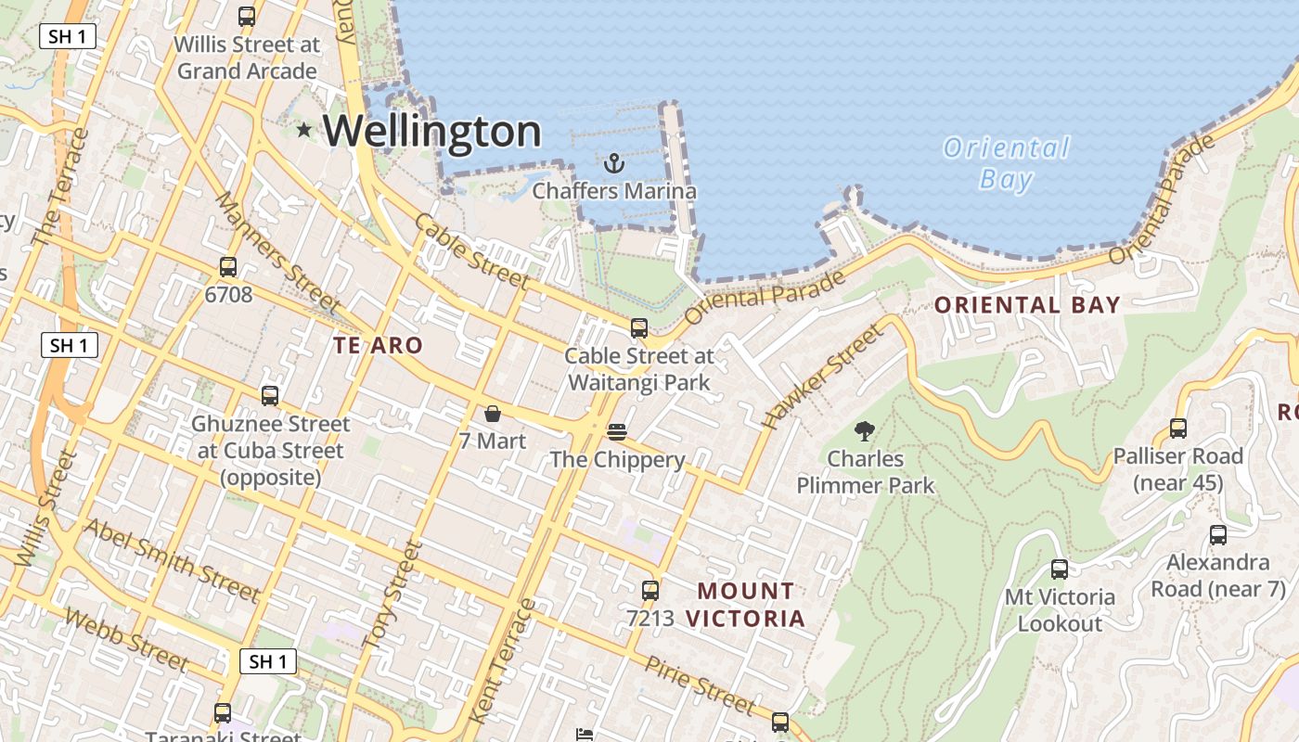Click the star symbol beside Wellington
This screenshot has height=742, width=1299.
click(x=303, y=130)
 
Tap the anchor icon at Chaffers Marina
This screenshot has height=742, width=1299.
click(x=613, y=164)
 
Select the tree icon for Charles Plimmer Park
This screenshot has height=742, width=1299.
click(x=865, y=431)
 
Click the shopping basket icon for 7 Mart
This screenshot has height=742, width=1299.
click(x=493, y=414)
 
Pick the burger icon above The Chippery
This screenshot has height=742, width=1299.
click(x=617, y=432)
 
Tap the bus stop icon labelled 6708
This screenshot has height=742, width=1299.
click(x=228, y=267)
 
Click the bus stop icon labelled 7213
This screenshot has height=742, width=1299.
click(x=650, y=590)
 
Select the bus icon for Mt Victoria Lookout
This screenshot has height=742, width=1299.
click(x=1059, y=569)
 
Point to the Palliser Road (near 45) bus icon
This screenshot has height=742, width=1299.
click(x=1178, y=429)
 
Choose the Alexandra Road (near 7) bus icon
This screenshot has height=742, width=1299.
click(x=1218, y=535)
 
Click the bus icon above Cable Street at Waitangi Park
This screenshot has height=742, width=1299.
click(x=639, y=327)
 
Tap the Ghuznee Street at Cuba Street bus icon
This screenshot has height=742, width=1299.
click(x=270, y=396)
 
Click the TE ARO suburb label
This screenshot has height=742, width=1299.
click(x=378, y=346)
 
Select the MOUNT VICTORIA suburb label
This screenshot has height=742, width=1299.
click(x=746, y=604)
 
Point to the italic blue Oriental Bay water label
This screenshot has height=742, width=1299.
click(x=1007, y=162)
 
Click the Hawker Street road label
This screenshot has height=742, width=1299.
click(x=822, y=377)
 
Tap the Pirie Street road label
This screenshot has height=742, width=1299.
click(x=701, y=685)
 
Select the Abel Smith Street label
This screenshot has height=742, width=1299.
click(x=172, y=559)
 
